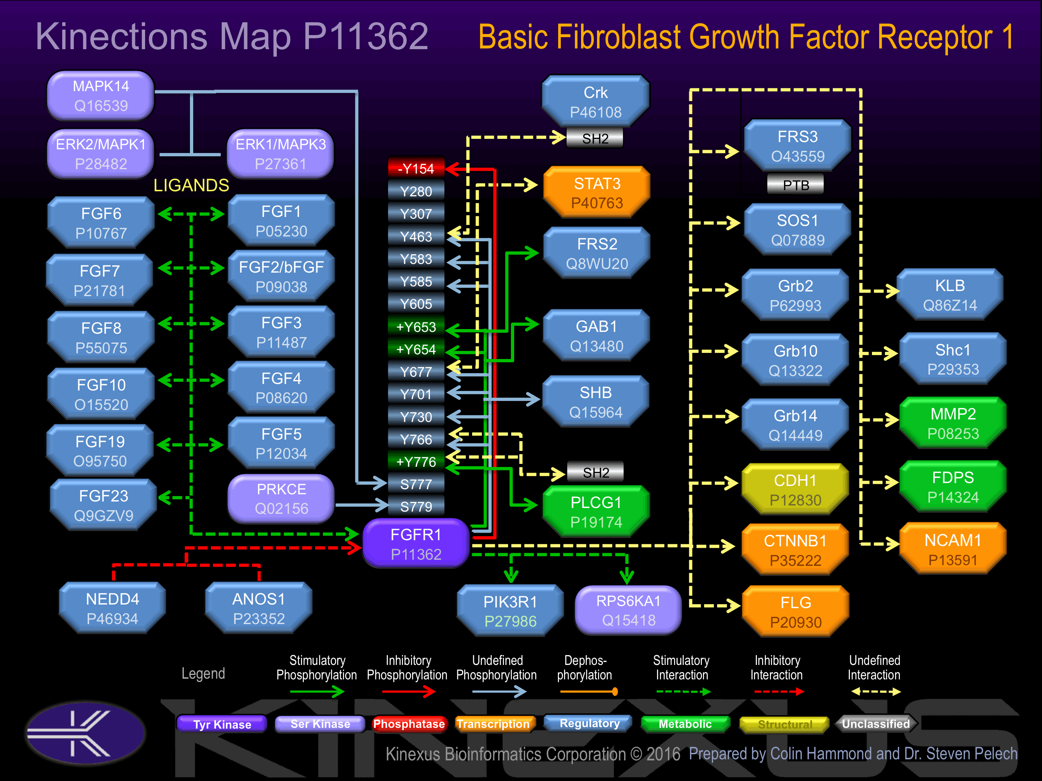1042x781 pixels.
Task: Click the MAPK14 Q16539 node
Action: pos(101,95)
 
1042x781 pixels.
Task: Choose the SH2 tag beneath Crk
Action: pos(595,138)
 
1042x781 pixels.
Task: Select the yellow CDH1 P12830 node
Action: pos(795,490)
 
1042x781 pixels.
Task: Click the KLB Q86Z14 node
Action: pos(950,295)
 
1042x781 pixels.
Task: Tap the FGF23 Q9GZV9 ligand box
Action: pos(103,505)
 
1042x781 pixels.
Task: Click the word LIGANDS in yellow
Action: pos(191,185)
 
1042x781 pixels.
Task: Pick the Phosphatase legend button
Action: pos(408,724)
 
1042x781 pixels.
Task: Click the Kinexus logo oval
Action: pos(85,733)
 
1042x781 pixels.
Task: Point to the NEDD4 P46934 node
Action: pos(112,608)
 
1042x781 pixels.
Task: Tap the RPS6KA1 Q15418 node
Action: pos(628,610)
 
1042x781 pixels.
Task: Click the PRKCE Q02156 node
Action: pos(281,499)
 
